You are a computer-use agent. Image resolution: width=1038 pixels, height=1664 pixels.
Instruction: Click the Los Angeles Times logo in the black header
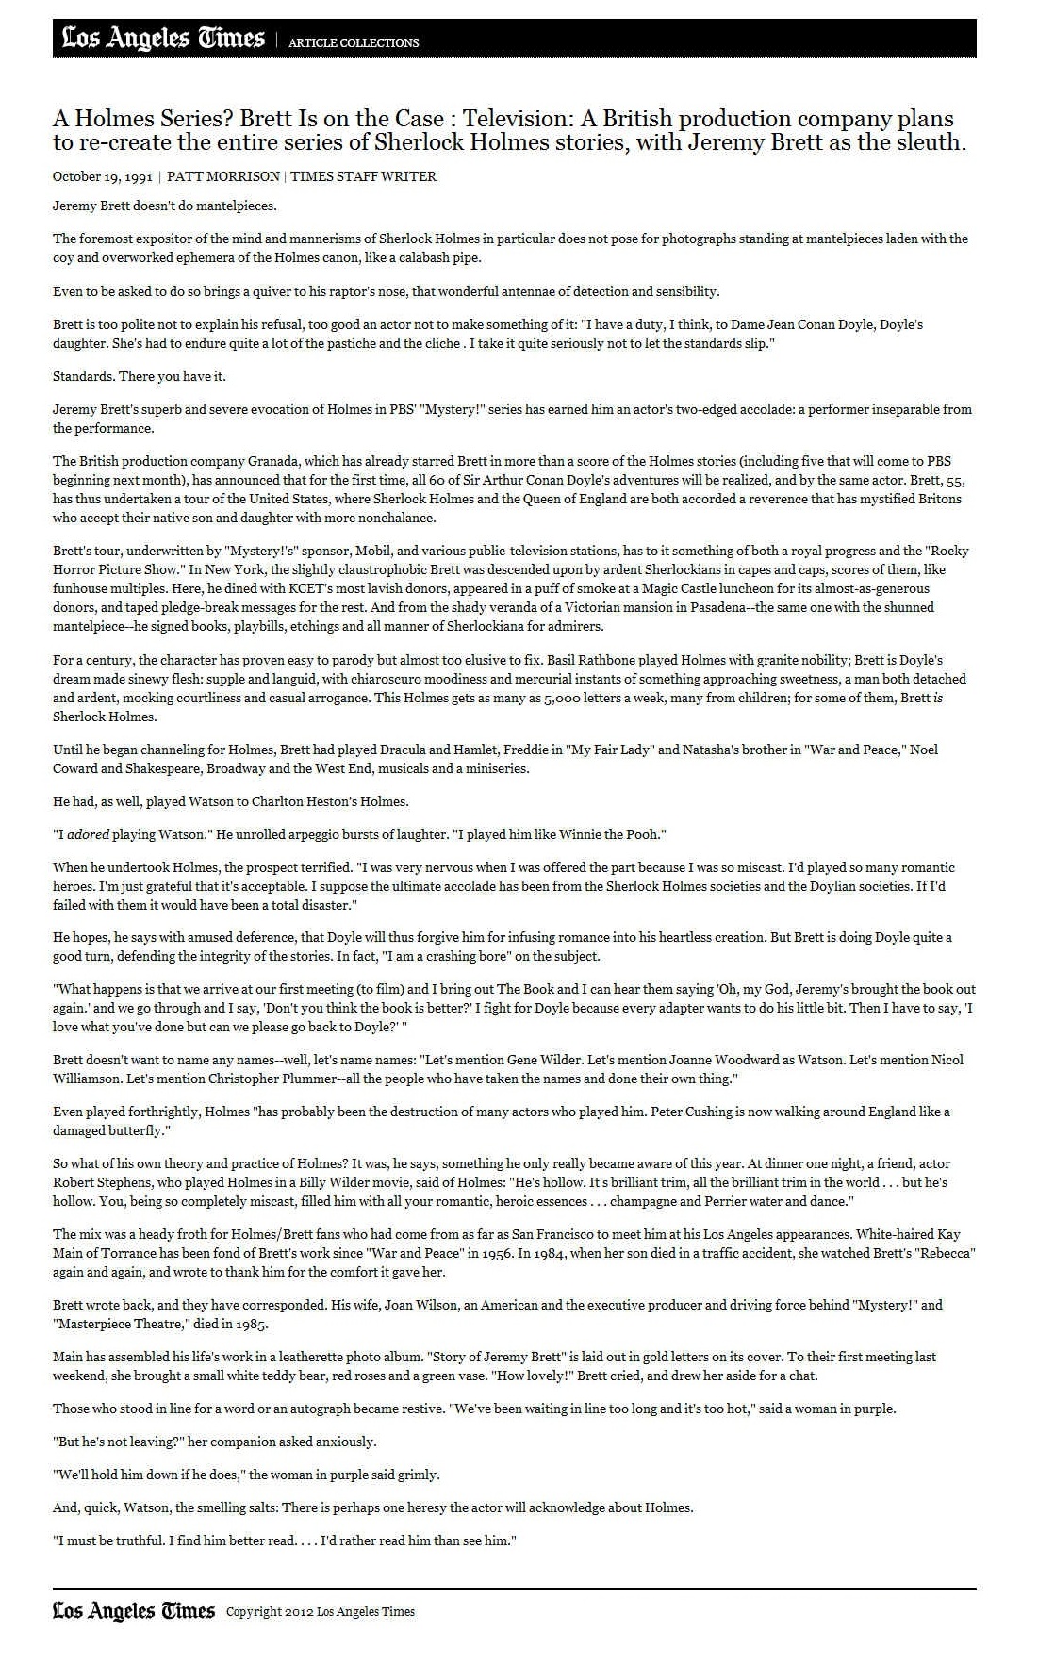coord(163,39)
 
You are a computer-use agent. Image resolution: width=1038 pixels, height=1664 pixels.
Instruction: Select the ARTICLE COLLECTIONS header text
coord(354,42)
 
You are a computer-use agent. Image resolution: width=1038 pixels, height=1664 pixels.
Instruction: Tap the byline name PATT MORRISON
coord(223,176)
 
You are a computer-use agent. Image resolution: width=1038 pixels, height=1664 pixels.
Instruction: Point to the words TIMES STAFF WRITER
coord(363,176)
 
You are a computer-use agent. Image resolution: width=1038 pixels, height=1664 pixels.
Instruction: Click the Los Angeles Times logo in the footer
coord(133,1611)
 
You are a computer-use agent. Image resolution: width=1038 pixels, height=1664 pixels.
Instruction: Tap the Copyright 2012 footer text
coord(321,1612)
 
